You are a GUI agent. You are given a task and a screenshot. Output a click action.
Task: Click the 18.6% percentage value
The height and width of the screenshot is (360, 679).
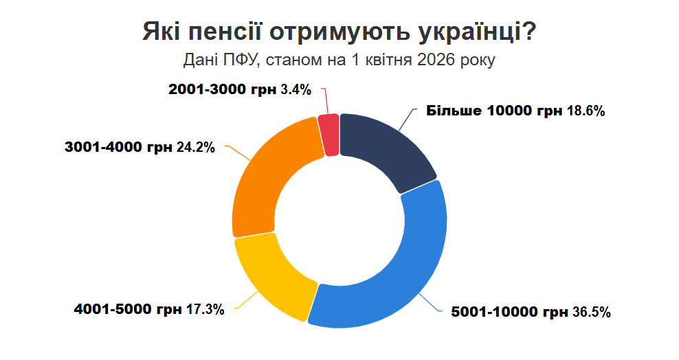pyautogui.click(x=586, y=111)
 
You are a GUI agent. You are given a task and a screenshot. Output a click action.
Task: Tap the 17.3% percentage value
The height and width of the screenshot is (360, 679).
pyautogui.click(x=205, y=310)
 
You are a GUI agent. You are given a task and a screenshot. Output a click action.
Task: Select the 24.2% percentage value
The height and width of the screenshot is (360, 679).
pyautogui.click(x=196, y=147)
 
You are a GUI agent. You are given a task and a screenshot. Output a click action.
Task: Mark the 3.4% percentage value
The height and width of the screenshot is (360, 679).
pyautogui.click(x=296, y=89)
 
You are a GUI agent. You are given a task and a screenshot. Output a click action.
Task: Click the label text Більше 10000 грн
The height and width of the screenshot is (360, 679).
pyautogui.click(x=494, y=111)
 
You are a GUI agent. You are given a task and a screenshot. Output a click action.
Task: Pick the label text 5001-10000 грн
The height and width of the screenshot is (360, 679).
pyautogui.click(x=509, y=313)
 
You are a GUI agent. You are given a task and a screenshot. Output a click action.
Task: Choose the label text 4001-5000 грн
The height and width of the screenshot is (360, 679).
pyautogui.click(x=128, y=310)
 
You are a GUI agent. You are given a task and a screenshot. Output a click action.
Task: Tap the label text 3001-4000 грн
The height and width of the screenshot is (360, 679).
pyautogui.click(x=118, y=147)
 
